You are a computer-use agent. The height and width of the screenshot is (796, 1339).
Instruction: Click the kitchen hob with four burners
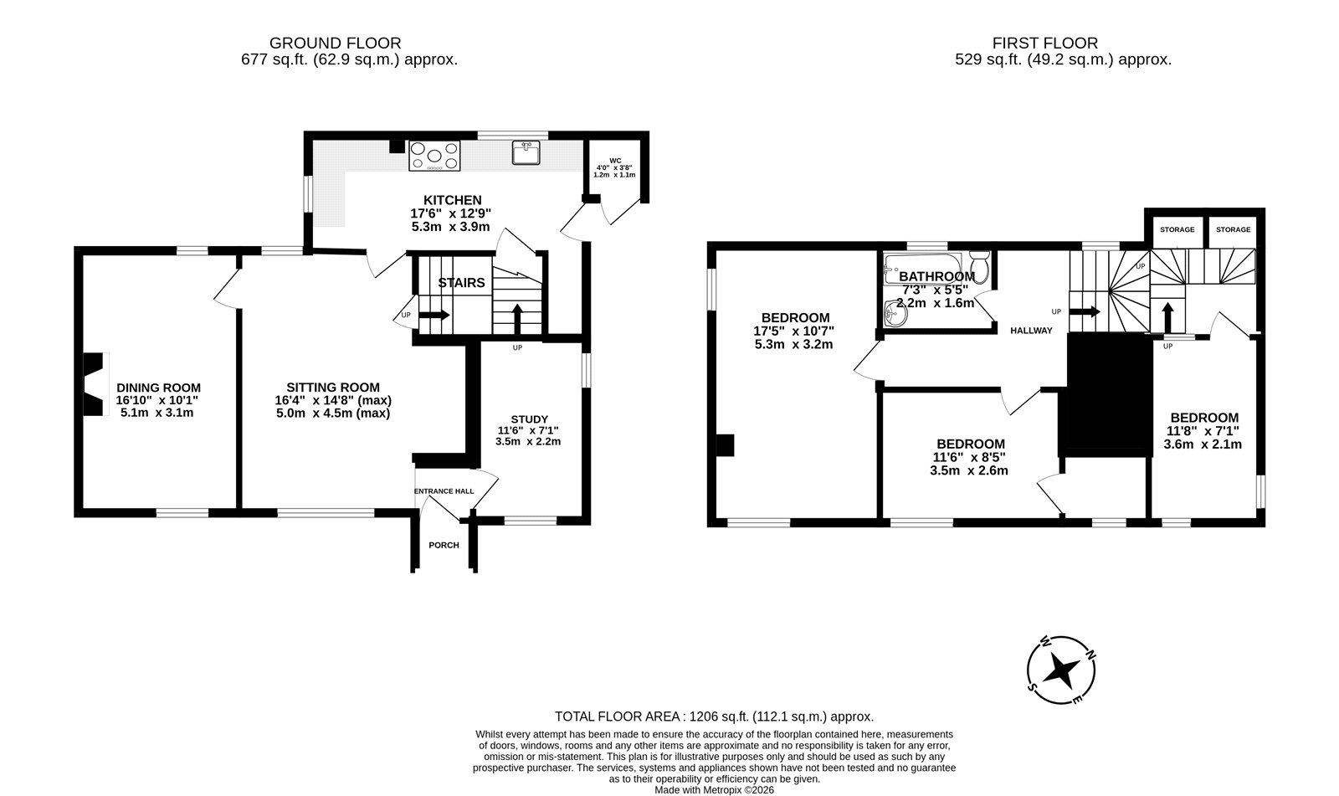tap(434, 156)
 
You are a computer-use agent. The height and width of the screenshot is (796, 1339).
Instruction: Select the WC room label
tap(615, 161)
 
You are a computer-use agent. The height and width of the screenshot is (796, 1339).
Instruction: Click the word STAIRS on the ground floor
tap(461, 283)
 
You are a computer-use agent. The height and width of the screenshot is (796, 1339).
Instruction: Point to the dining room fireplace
tap(94, 384)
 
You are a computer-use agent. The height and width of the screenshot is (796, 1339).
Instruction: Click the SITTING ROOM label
tap(333, 388)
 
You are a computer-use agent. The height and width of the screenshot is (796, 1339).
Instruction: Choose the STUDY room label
tap(529, 419)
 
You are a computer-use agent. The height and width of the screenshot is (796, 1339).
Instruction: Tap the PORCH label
tap(444, 546)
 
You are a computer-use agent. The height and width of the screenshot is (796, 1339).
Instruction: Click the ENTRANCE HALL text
tap(444, 491)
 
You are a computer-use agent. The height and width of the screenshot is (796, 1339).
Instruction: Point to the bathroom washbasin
tap(895, 313)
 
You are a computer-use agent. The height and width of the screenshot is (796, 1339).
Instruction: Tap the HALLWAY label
tap(1031, 331)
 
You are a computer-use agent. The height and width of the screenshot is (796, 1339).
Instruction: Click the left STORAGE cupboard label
tap(1177, 229)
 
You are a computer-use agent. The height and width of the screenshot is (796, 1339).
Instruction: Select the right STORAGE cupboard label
tap(1234, 229)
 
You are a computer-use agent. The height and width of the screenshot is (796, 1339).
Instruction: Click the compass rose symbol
tap(1062, 670)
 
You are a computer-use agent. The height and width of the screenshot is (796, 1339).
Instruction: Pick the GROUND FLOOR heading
tap(335, 43)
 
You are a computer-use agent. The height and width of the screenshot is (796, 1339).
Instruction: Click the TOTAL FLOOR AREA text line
tap(715, 716)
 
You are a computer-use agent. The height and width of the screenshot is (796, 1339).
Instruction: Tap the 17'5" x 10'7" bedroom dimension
tap(794, 331)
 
